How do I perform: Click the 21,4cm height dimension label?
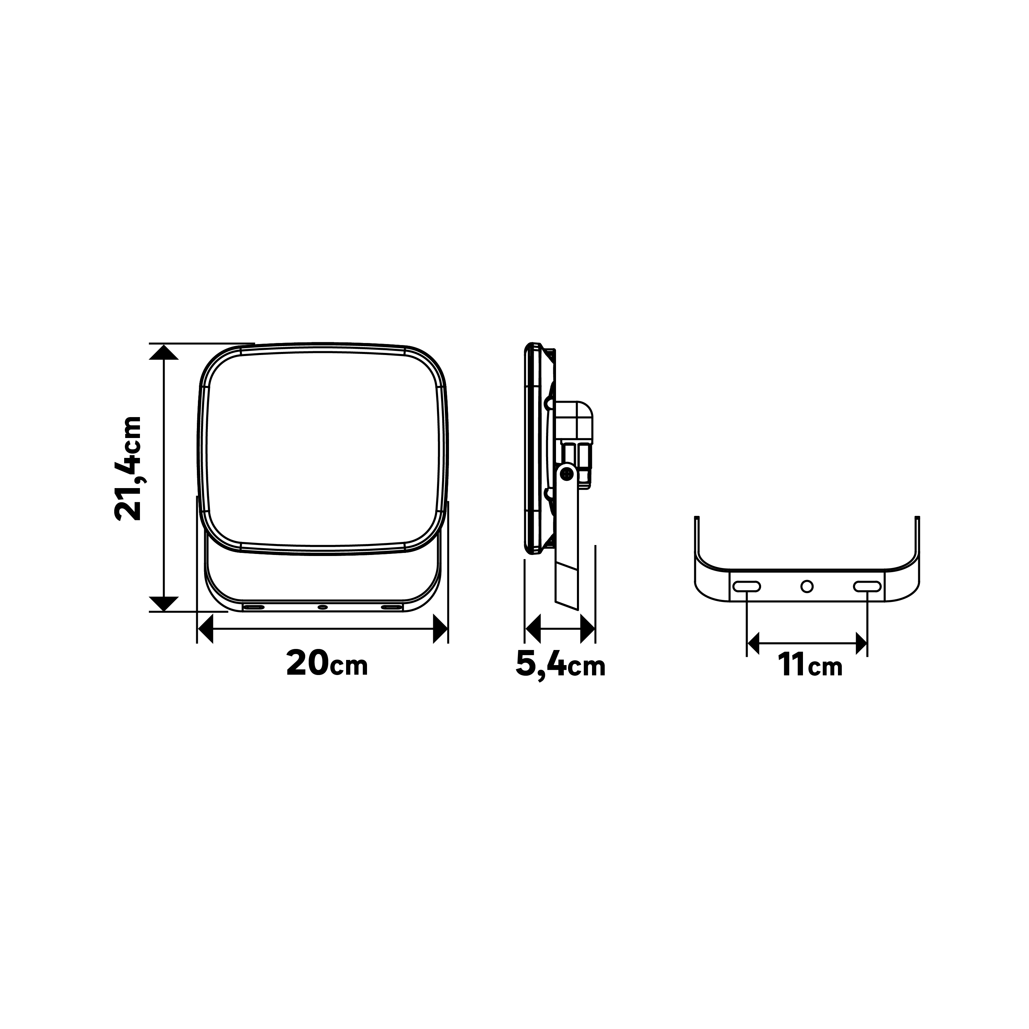(x=128, y=468)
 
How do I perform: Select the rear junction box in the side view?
(x=574, y=421)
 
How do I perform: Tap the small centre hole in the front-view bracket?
(x=322, y=607)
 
